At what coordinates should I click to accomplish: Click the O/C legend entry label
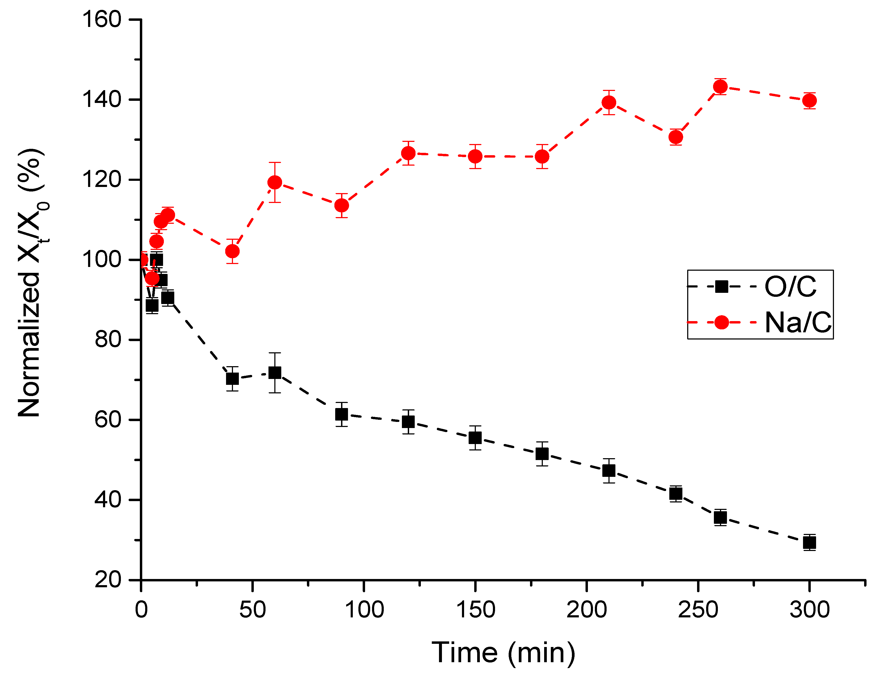pyautogui.click(x=790, y=287)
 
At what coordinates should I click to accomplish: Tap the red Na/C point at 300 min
pyautogui.click(x=809, y=101)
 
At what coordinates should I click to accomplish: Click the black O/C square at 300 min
pyautogui.click(x=809, y=543)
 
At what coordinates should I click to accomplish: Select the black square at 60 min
pyautogui.click(x=275, y=373)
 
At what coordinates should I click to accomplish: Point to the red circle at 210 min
pyautogui.click(x=609, y=102)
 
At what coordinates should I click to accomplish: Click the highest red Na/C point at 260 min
pyautogui.click(x=720, y=86)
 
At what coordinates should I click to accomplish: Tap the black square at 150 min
pyautogui.click(x=475, y=438)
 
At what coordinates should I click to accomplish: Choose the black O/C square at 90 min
pyautogui.click(x=341, y=414)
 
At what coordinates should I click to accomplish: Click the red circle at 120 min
pyautogui.click(x=408, y=153)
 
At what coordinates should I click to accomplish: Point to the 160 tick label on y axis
pyautogui.click(x=101, y=19)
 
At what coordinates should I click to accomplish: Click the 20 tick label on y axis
pyautogui.click(x=108, y=580)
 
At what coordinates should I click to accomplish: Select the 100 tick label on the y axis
pyautogui.click(x=101, y=259)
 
